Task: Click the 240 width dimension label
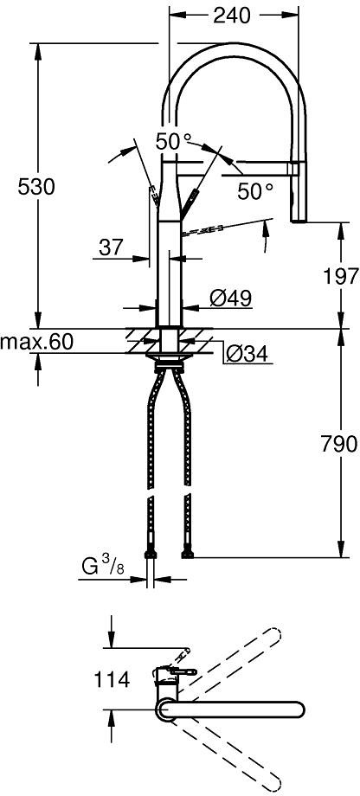tap(232, 16)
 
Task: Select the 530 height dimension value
tap(36, 188)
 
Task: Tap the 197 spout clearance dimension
tap(340, 277)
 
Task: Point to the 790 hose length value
tap(340, 444)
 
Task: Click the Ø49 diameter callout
tap(231, 298)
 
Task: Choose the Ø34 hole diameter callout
tap(247, 355)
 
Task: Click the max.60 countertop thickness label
tap(36, 342)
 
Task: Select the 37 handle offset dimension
tap(111, 247)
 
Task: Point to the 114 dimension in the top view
tap(112, 679)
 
